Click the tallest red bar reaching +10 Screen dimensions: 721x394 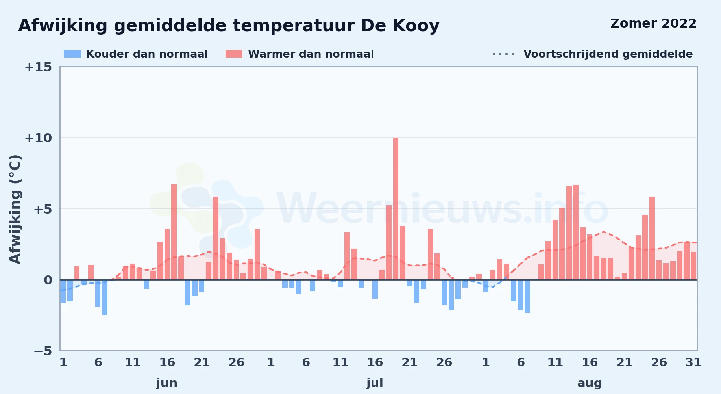pyautogui.click(x=396, y=208)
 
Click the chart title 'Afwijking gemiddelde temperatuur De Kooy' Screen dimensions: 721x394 pyautogui.click(x=229, y=26)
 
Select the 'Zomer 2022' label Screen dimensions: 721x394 pyautogui.click(x=653, y=23)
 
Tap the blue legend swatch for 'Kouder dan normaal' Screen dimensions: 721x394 pyautogui.click(x=72, y=54)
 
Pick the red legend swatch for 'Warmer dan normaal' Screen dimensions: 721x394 pyautogui.click(x=234, y=54)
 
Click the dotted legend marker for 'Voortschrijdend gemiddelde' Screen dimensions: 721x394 pyautogui.click(x=503, y=54)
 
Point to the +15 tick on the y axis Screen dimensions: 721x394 pyautogui.click(x=38, y=67)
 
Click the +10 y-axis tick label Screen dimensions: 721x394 pyautogui.click(x=38, y=138)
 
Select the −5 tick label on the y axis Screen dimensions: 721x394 pyautogui.click(x=43, y=351)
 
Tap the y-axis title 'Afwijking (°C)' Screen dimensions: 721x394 pyautogui.click(x=15, y=209)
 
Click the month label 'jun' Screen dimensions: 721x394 pyautogui.click(x=167, y=383)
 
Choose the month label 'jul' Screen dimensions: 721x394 pyautogui.click(x=375, y=383)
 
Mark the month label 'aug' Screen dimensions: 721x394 pyautogui.click(x=590, y=383)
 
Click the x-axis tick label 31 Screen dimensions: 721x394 pyautogui.click(x=693, y=362)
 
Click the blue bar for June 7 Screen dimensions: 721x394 pyautogui.click(x=105, y=297)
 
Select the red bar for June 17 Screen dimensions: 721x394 pyautogui.click(x=174, y=232)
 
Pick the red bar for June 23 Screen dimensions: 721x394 pyautogui.click(x=216, y=238)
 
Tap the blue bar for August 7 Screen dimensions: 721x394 pyautogui.click(x=527, y=296)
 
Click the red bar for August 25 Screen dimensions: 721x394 pyautogui.click(x=652, y=238)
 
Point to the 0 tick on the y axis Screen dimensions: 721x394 pyautogui.click(x=48, y=280)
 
